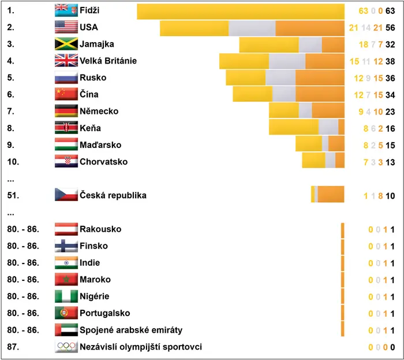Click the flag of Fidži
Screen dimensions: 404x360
click(66, 10)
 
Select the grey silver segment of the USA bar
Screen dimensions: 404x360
click(252, 28)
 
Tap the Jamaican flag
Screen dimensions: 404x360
click(66, 44)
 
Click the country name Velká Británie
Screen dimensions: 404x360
click(109, 61)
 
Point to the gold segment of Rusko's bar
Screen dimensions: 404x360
click(246, 77)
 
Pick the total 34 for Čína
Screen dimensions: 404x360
click(390, 95)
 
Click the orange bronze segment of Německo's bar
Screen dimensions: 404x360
click(328, 110)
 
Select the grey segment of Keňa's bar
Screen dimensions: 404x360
click(328, 127)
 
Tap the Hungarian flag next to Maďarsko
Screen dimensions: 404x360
click(66, 144)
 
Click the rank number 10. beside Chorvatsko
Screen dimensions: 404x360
click(13, 162)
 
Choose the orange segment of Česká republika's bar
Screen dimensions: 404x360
click(331, 194)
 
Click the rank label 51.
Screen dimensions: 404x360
click(13, 195)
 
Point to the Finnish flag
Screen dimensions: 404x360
click(66, 246)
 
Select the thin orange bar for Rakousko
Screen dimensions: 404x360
click(342, 231)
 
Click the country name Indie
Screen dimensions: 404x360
click(89, 262)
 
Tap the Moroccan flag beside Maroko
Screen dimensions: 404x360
click(66, 279)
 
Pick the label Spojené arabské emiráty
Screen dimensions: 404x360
click(131, 330)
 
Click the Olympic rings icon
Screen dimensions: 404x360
click(66, 347)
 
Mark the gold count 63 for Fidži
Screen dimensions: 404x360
click(363, 11)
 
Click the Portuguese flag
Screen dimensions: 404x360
click(66, 313)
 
